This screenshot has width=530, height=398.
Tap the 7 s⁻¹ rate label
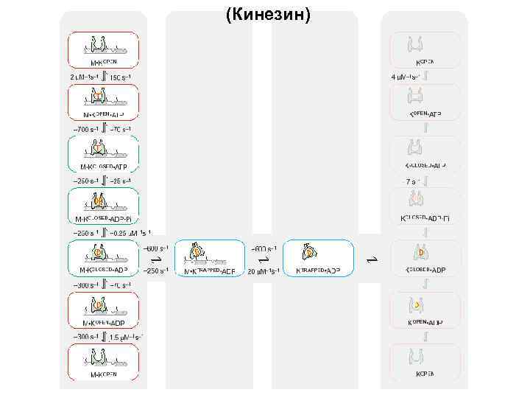(x=411, y=181)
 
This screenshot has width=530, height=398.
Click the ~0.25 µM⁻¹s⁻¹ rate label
(x=130, y=234)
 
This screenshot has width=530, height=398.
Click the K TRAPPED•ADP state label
(x=317, y=271)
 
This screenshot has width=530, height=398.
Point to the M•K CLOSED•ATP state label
(x=103, y=167)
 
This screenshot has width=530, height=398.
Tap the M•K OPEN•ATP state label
(x=104, y=115)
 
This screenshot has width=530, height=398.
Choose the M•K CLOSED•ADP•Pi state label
(x=104, y=220)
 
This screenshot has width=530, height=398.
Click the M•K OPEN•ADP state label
(x=104, y=324)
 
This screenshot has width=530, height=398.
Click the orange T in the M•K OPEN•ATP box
(x=98, y=97)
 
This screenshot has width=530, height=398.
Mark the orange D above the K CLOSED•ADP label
(x=420, y=253)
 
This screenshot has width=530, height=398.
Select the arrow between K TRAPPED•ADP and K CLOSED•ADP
(x=372, y=259)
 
